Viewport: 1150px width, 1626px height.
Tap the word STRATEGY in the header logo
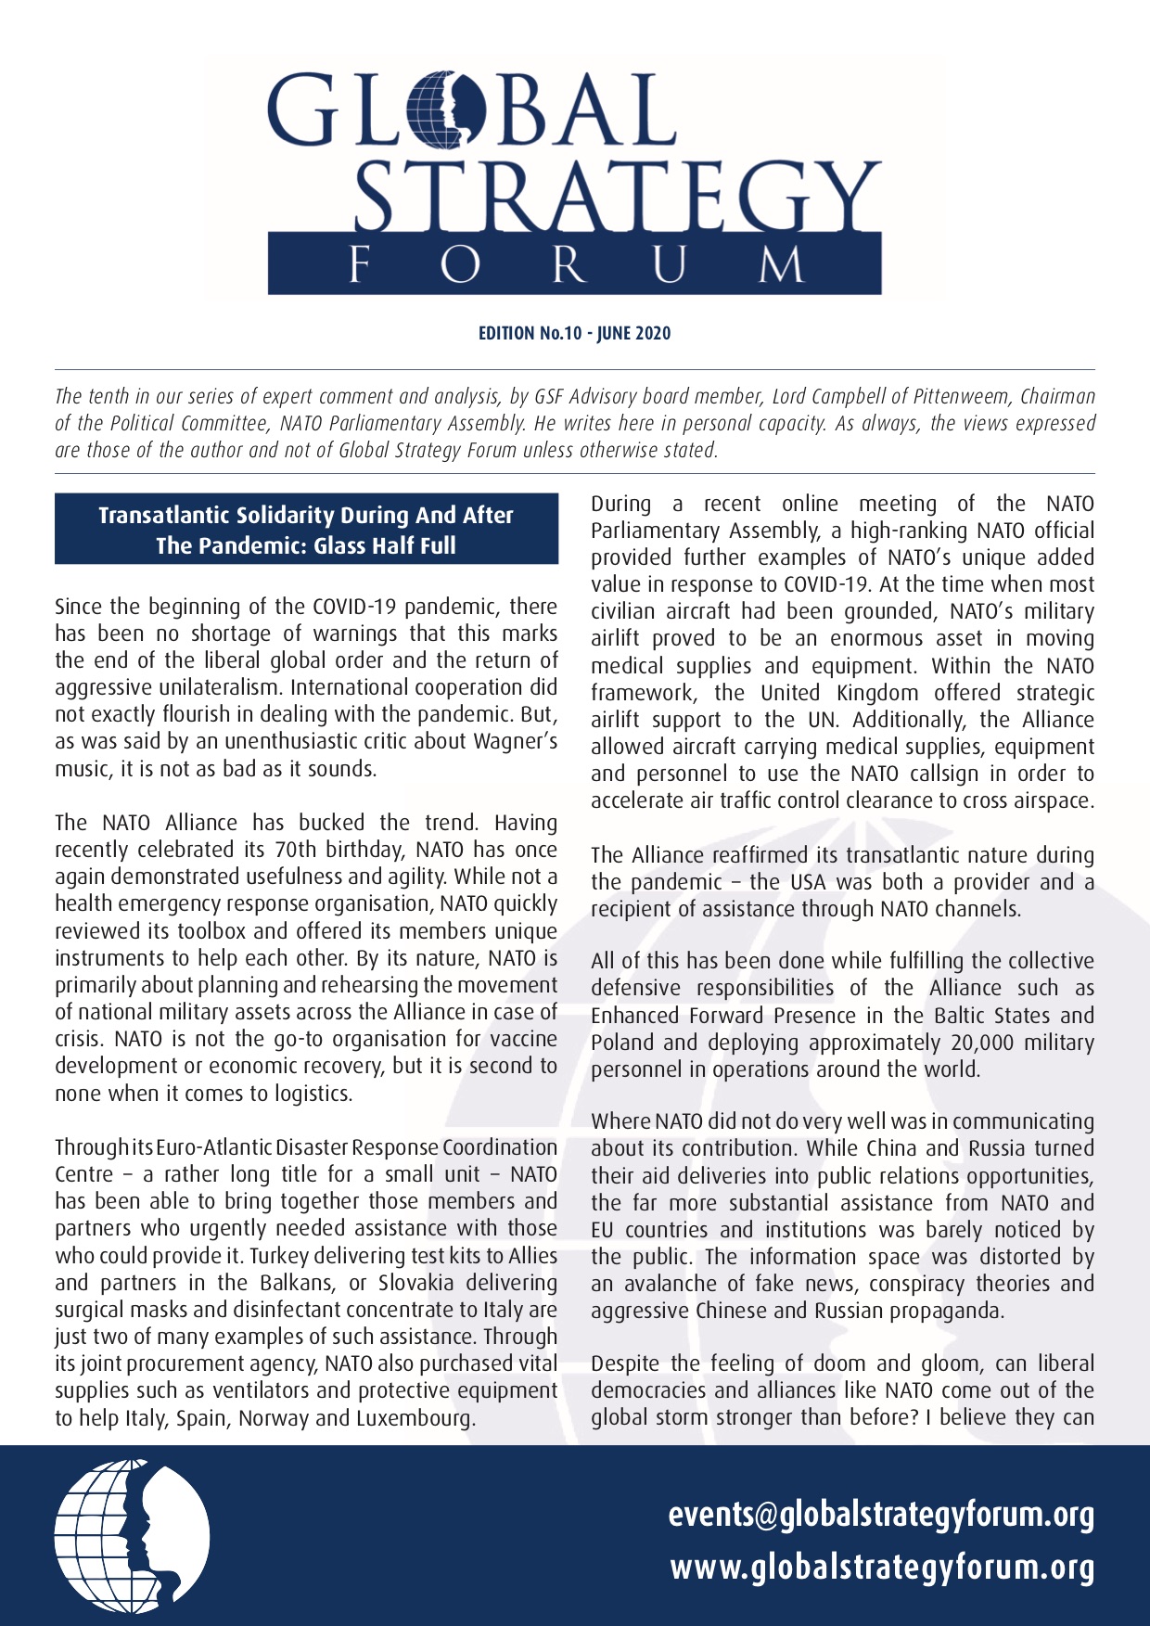[616, 197]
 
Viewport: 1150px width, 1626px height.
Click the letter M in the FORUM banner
[781, 265]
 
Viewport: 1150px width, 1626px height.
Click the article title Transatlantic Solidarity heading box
[306, 530]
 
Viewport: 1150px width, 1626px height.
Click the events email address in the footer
[881, 1515]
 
